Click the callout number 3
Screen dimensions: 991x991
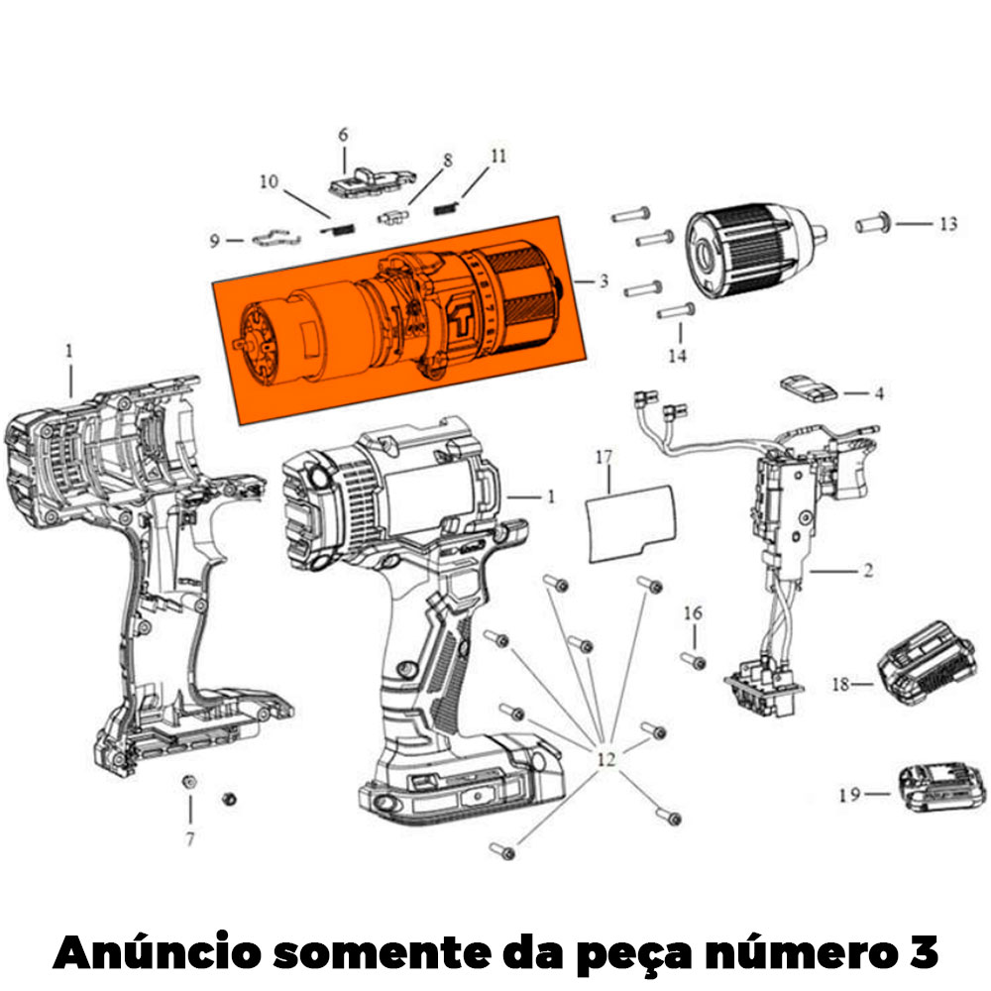point(604,280)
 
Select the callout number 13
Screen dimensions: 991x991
point(948,224)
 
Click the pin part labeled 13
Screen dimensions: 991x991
point(873,223)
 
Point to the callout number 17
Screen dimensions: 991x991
point(604,456)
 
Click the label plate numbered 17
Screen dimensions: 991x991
point(631,522)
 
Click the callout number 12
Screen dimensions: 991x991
point(606,758)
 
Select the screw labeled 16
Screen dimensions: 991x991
point(694,660)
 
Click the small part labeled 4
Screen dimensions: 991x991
point(809,388)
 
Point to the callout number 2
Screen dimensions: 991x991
point(868,570)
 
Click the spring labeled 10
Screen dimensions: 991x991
point(337,228)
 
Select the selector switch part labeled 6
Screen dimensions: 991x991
point(373,182)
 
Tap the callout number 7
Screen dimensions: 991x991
point(190,838)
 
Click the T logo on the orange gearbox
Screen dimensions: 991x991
point(461,319)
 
